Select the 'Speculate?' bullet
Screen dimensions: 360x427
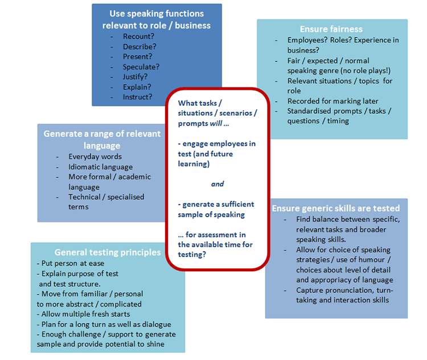[141, 67]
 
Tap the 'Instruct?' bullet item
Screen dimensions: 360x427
[138, 97]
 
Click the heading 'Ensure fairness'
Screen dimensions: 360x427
[331, 29]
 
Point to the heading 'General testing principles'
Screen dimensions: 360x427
[108, 252]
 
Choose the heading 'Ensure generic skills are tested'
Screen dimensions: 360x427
[336, 208]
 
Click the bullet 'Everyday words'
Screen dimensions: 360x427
[95, 156]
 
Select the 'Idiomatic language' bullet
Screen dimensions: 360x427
[100, 167]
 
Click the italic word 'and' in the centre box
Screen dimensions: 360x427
[217, 184]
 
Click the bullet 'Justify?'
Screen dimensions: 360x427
[136, 77]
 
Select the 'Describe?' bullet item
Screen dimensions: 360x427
[139, 47]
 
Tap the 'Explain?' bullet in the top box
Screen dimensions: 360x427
[137, 87]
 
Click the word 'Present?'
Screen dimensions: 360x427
[138, 56]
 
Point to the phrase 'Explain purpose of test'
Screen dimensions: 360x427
[79, 274]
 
